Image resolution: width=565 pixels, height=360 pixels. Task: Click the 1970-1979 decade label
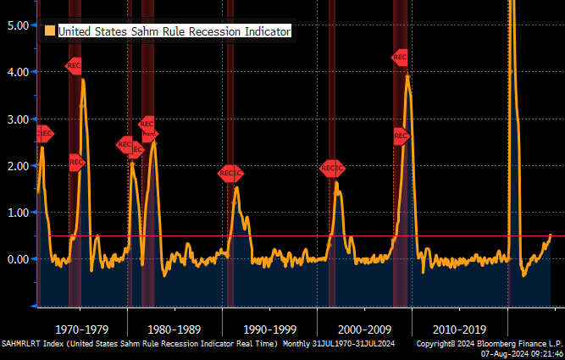[81, 329]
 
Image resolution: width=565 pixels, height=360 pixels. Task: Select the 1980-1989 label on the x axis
[174, 329]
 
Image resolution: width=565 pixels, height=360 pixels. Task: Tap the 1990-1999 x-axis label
[269, 329]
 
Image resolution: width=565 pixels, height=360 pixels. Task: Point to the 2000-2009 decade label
[364, 329]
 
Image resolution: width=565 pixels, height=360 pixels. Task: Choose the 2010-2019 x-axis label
[458, 329]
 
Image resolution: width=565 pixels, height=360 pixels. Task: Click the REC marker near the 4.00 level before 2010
[401, 58]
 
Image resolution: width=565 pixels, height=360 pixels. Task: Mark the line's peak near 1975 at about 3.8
[83, 80]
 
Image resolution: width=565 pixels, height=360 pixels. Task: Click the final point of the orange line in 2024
[550, 235]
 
